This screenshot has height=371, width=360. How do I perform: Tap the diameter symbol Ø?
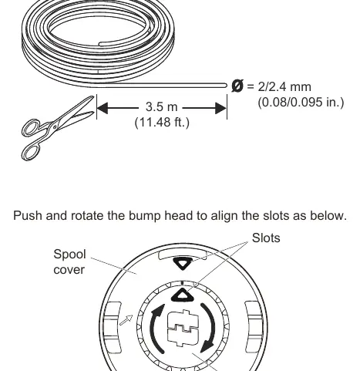coord(237,86)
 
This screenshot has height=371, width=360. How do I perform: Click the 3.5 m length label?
coord(161,106)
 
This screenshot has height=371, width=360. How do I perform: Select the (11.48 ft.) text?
coord(162,123)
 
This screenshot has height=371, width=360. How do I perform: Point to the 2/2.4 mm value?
coord(284,87)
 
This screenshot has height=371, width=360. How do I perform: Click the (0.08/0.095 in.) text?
coord(301,103)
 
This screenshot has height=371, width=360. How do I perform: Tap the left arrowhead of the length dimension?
coord(103,108)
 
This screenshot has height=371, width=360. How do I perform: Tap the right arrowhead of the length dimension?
coord(221,108)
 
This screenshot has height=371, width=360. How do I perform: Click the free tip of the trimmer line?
coord(226,86)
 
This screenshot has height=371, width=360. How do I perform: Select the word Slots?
coord(266,238)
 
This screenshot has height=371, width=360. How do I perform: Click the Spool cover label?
coord(69,261)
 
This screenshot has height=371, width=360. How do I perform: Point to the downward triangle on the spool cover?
coord(183,264)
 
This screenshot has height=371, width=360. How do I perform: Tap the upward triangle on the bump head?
coord(183,295)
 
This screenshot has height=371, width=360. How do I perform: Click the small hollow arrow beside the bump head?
coord(126,320)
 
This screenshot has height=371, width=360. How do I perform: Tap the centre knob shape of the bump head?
coord(183,328)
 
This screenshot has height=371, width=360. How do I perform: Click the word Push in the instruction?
coord(27,215)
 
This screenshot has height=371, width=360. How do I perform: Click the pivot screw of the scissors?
coord(55,126)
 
